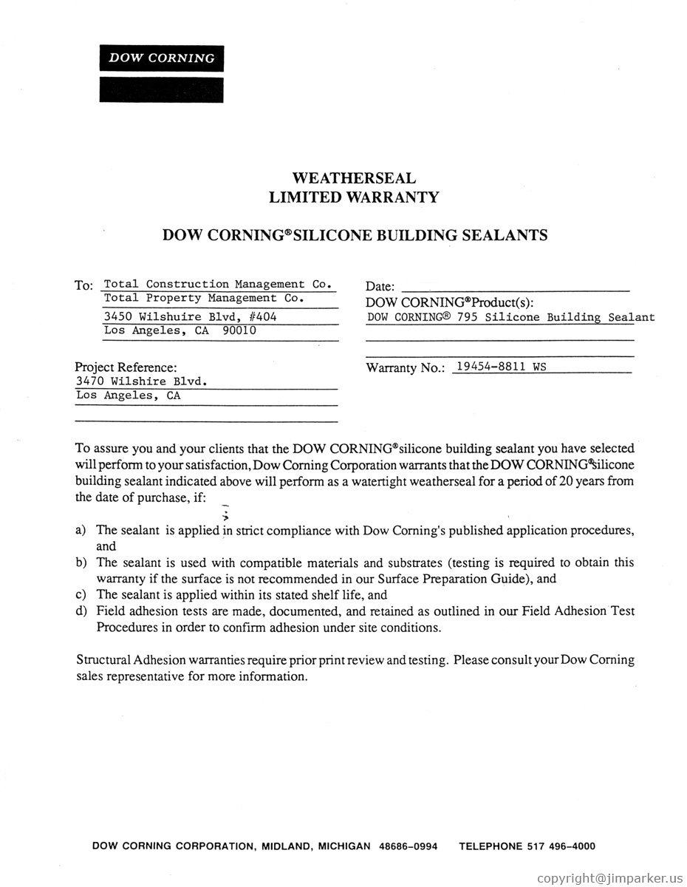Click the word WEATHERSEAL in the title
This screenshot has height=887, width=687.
coord(354,178)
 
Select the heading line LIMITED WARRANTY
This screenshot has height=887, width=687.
coord(354,197)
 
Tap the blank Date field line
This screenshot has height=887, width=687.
coord(516,286)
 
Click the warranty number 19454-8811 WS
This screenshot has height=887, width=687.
coord(501,365)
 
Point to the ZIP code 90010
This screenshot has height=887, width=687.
coord(239,330)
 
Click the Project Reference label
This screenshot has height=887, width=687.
coord(126,367)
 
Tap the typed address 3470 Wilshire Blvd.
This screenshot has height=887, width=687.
coord(140,381)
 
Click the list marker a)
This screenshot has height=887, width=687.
coord(81,531)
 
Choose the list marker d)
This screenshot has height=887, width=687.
coord(81,611)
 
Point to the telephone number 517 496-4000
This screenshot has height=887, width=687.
coord(561,846)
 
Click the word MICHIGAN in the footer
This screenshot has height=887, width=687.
coord(344,846)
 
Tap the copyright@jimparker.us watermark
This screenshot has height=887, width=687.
coord(610,877)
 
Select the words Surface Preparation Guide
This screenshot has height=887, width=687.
coord(451,579)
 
